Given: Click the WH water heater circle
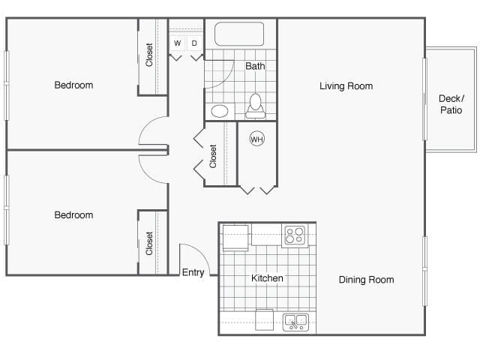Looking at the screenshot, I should coord(256,139).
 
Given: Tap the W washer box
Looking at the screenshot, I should coord(178,43).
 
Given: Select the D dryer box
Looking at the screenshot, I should coord(194,43).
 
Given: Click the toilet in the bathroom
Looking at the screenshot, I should coord(256,106).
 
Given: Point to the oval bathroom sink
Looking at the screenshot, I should coord(220,111).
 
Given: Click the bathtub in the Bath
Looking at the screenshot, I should coord(239,34).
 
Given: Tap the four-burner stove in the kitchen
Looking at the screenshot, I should coord(294,235).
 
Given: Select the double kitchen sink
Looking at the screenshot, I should coord(295,322).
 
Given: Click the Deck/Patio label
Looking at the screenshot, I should coord(451,104).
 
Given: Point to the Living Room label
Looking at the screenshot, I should coord(346,86).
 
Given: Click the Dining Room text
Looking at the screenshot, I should coord(366,280).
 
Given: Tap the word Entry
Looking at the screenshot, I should coord(193,272).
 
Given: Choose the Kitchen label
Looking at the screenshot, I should coord(267,278).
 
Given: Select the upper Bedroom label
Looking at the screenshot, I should coord(73,85).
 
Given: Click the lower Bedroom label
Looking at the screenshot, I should coord(73,215).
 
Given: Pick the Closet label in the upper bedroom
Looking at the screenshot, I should coord(149,55).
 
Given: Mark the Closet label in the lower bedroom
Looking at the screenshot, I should coord(149,243).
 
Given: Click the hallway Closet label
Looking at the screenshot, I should coord(213,155).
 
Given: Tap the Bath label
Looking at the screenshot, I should coord(255,66).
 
